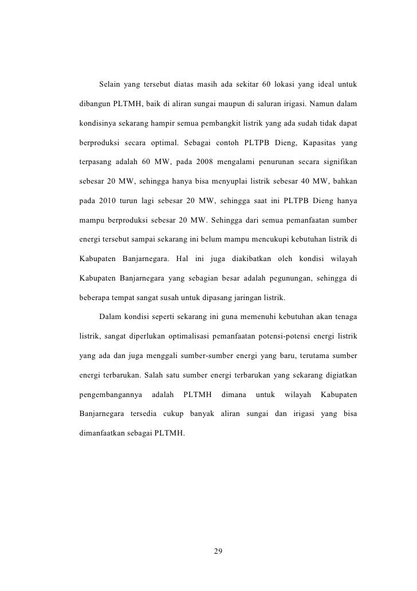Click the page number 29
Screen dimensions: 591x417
217,551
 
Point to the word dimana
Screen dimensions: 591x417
234,395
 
